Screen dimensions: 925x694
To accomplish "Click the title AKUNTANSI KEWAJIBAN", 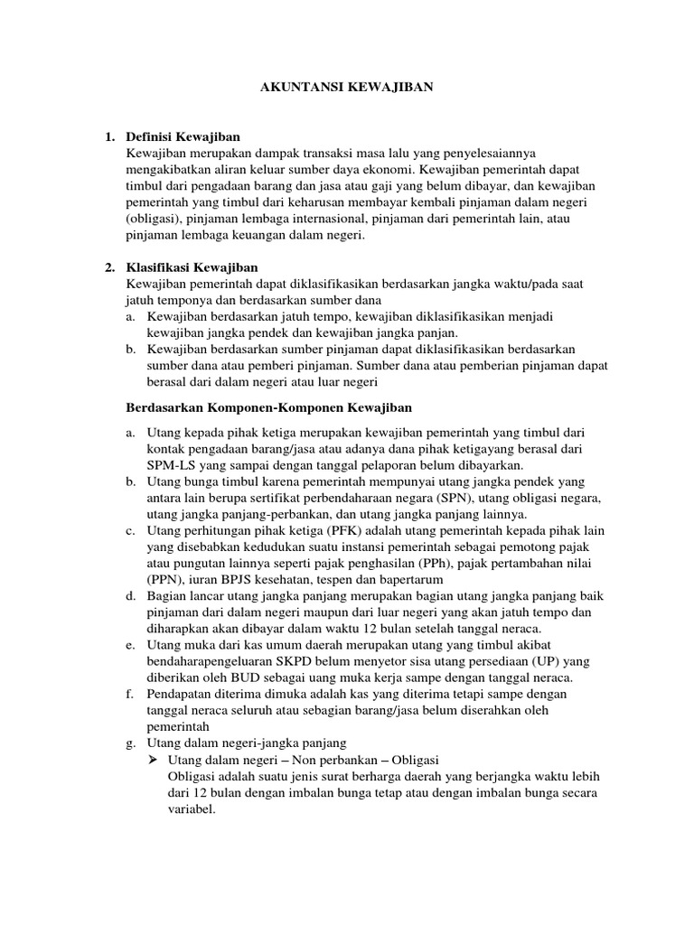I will pos(347,88).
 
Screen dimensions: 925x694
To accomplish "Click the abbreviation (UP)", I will pos(557,661).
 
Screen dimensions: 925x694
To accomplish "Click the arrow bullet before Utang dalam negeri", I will pos(153,760).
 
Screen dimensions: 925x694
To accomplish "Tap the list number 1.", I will pos(109,136).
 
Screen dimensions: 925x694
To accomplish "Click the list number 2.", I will pos(109,267).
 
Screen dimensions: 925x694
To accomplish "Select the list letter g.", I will pos(131,743).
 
